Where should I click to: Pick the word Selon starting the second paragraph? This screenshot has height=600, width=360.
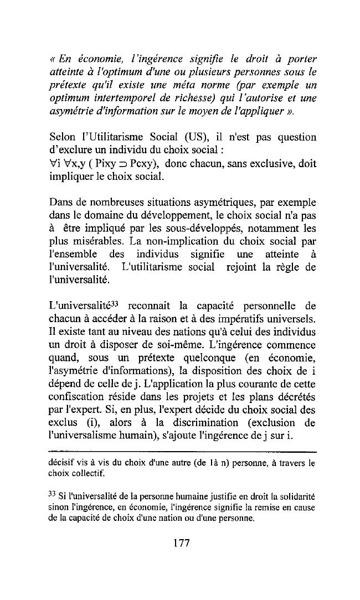(x=62, y=137)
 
